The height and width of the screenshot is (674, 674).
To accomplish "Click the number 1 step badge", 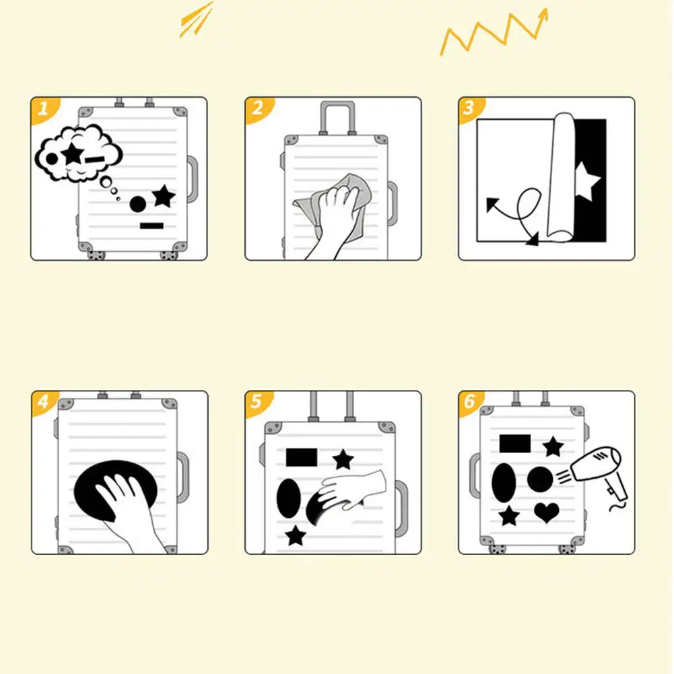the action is point(44,109).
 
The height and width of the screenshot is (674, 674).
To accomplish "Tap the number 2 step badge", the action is point(258,109).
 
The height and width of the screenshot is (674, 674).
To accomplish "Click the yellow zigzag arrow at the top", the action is point(494,32).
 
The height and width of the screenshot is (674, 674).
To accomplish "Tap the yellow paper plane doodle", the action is point(197,20).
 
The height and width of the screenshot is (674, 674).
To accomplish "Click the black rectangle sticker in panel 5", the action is point(302,457).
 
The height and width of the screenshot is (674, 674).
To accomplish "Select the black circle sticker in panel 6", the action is point(540,479).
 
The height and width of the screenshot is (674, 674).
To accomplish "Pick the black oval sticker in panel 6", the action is point(504,482).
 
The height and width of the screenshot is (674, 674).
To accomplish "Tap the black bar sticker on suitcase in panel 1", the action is point(151,226).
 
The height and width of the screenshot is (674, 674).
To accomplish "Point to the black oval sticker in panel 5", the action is point(288,499).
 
